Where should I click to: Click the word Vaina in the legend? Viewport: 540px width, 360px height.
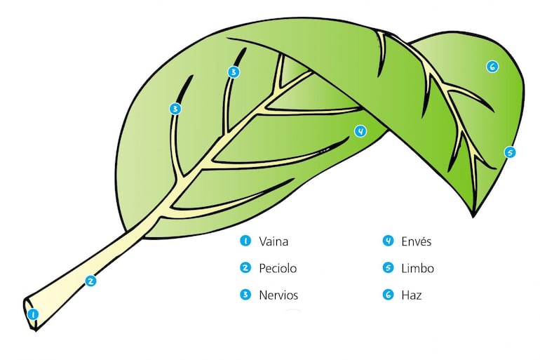coord(274,241)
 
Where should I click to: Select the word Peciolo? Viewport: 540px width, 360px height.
coord(278,268)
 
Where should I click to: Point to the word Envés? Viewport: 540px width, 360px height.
coord(417,241)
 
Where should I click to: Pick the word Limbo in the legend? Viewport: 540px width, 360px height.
coord(418,268)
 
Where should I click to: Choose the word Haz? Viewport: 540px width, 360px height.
coord(412,295)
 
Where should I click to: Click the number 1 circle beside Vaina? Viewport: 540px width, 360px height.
coord(245,241)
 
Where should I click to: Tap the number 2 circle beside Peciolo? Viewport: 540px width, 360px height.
coord(245,268)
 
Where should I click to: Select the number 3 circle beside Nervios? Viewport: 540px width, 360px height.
coord(245,295)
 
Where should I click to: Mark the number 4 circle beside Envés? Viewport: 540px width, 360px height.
coord(387,241)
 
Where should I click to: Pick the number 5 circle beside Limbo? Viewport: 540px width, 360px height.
coord(387,268)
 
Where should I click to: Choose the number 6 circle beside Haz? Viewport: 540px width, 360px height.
coord(387,295)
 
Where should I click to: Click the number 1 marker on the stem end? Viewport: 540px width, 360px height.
coord(32,314)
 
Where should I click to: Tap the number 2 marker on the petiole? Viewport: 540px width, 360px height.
coord(90,281)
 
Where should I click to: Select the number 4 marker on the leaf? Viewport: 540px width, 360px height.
coord(360,131)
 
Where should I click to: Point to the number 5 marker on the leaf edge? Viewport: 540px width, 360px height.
coord(510,152)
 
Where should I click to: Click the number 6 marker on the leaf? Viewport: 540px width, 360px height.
coord(492,67)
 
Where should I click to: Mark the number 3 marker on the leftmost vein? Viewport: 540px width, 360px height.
coord(175,108)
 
